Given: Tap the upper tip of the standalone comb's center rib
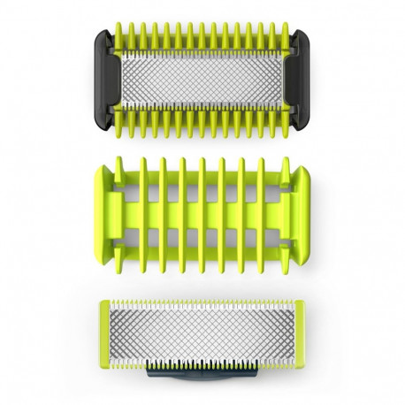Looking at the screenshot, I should pyautogui.click(x=202, y=164).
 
